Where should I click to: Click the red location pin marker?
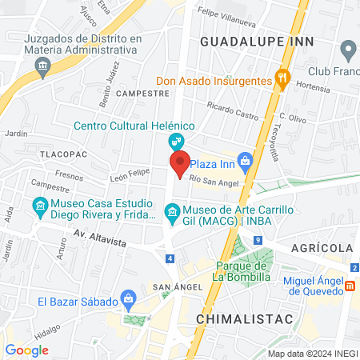tap(180, 163)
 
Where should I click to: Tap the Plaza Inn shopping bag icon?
tap(246, 162)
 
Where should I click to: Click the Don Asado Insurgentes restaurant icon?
tap(282, 78)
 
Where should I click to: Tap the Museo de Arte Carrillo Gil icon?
tap(170, 212)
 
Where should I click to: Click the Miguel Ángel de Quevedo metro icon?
tap(350, 286)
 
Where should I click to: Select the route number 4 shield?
tap(170, 258)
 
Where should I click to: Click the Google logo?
tap(27, 350)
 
